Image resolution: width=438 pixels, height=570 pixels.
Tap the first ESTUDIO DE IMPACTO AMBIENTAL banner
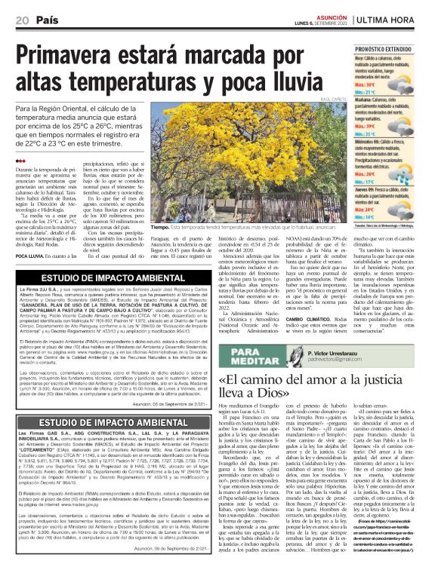[106, 277]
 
